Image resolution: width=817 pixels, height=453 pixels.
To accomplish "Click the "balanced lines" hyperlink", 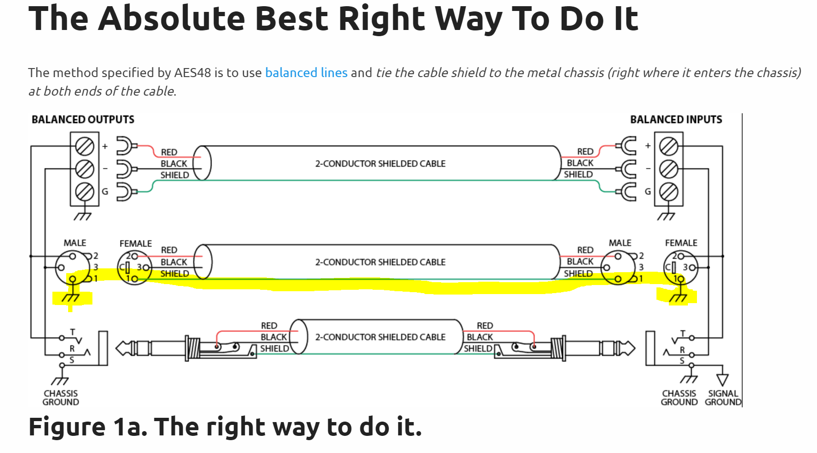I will pos(306,73).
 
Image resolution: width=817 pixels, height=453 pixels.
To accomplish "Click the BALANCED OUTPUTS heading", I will pos(83,119).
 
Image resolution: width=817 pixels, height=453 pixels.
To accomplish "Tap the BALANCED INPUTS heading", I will pos(676,119).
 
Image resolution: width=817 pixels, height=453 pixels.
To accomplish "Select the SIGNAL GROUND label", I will pos(723,398).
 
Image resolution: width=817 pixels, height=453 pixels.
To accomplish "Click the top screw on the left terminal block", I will pos(85,146).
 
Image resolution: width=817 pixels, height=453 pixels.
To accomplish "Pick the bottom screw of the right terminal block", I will pos(668,192).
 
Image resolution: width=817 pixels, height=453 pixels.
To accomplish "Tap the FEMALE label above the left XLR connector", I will pos(135,244).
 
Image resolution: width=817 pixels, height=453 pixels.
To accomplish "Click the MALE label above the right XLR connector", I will pos(620,243).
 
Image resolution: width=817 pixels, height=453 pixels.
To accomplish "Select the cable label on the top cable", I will pos(380,164).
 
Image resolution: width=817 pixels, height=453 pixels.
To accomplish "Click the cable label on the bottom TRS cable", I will pos(380,337).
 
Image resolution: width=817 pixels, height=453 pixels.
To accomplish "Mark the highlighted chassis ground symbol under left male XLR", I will pos(71,297).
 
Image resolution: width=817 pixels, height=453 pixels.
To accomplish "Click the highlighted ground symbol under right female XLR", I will pos(678,297).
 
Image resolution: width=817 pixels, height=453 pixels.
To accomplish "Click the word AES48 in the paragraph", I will pos(193,73).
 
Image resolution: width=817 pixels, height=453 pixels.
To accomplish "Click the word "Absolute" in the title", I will pos(172,19).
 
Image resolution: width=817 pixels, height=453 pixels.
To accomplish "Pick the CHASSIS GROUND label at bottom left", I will pos(61,398).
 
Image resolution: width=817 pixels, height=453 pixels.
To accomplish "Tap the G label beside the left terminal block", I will pos(105,192).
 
